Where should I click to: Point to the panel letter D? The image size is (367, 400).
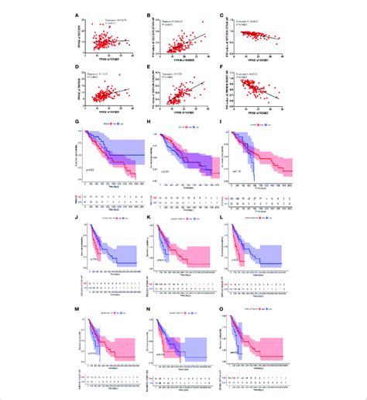(76, 69)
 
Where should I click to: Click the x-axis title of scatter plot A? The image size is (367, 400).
(111, 62)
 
